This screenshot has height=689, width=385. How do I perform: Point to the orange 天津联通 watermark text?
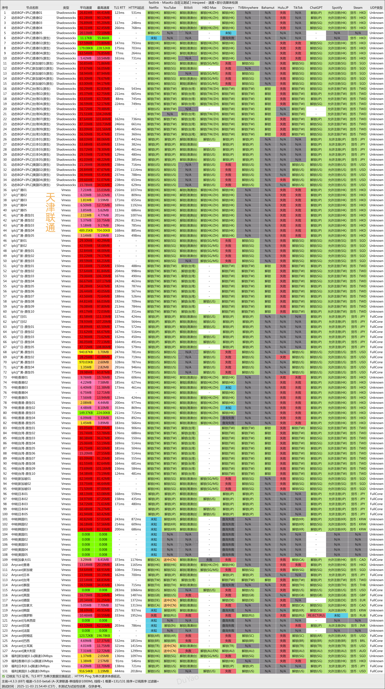tap(50, 213)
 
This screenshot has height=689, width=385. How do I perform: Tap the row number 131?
tap(5, 671)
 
